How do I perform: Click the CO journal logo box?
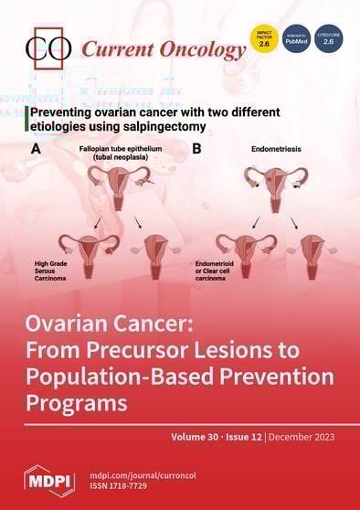coord(48,48)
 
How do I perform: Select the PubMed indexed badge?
coord(296,39)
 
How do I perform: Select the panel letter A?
coord(37,146)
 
